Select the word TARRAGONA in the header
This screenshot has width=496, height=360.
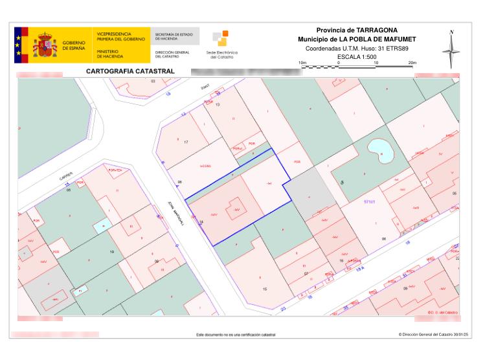(377, 30)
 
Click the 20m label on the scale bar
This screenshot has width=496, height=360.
(412, 62)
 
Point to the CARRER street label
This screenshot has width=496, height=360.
(66, 175)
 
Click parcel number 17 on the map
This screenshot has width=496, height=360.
(186, 142)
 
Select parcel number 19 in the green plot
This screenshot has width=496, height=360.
(112, 251)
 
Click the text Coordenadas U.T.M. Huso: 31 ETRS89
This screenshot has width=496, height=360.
(357, 48)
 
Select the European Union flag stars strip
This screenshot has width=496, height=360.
(18, 45)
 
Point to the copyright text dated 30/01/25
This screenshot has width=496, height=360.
(433, 335)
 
